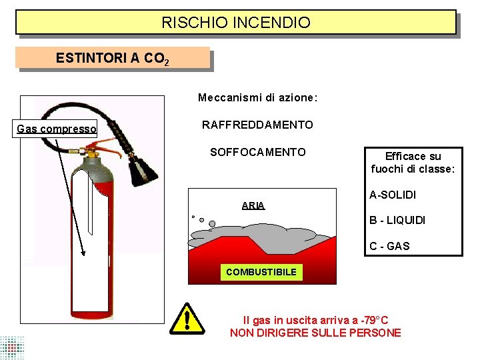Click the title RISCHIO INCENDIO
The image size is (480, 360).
(236, 23)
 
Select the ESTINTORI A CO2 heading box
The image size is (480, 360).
(112, 58)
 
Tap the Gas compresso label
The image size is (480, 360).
(57, 129)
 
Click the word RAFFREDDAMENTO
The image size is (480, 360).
(257, 125)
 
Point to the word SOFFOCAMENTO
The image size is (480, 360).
(257, 152)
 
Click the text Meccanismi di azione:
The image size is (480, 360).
(257, 98)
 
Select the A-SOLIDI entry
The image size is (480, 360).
(393, 195)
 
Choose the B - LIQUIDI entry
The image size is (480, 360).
(397, 220)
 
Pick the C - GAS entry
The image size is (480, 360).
(389, 246)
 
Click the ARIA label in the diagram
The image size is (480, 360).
(253, 205)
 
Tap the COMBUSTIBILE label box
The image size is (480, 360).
(261, 272)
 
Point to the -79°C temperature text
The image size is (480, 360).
(373, 320)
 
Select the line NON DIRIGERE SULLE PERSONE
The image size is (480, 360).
(315, 333)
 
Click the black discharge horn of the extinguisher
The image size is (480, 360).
(143, 169)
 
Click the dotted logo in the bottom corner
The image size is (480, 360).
(12, 347)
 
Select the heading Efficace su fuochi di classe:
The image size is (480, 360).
(413, 163)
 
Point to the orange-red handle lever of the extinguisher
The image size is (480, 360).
(107, 143)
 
